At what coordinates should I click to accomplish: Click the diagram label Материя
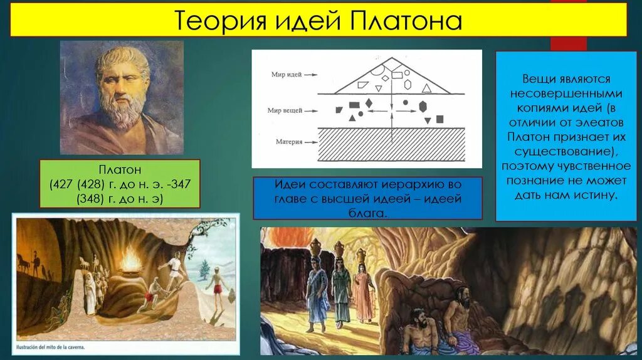click(x=289, y=142)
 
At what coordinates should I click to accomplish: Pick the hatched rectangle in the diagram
click(x=391, y=144)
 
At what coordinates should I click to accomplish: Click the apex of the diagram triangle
click(x=391, y=58)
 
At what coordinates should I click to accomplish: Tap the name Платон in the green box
click(x=119, y=170)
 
